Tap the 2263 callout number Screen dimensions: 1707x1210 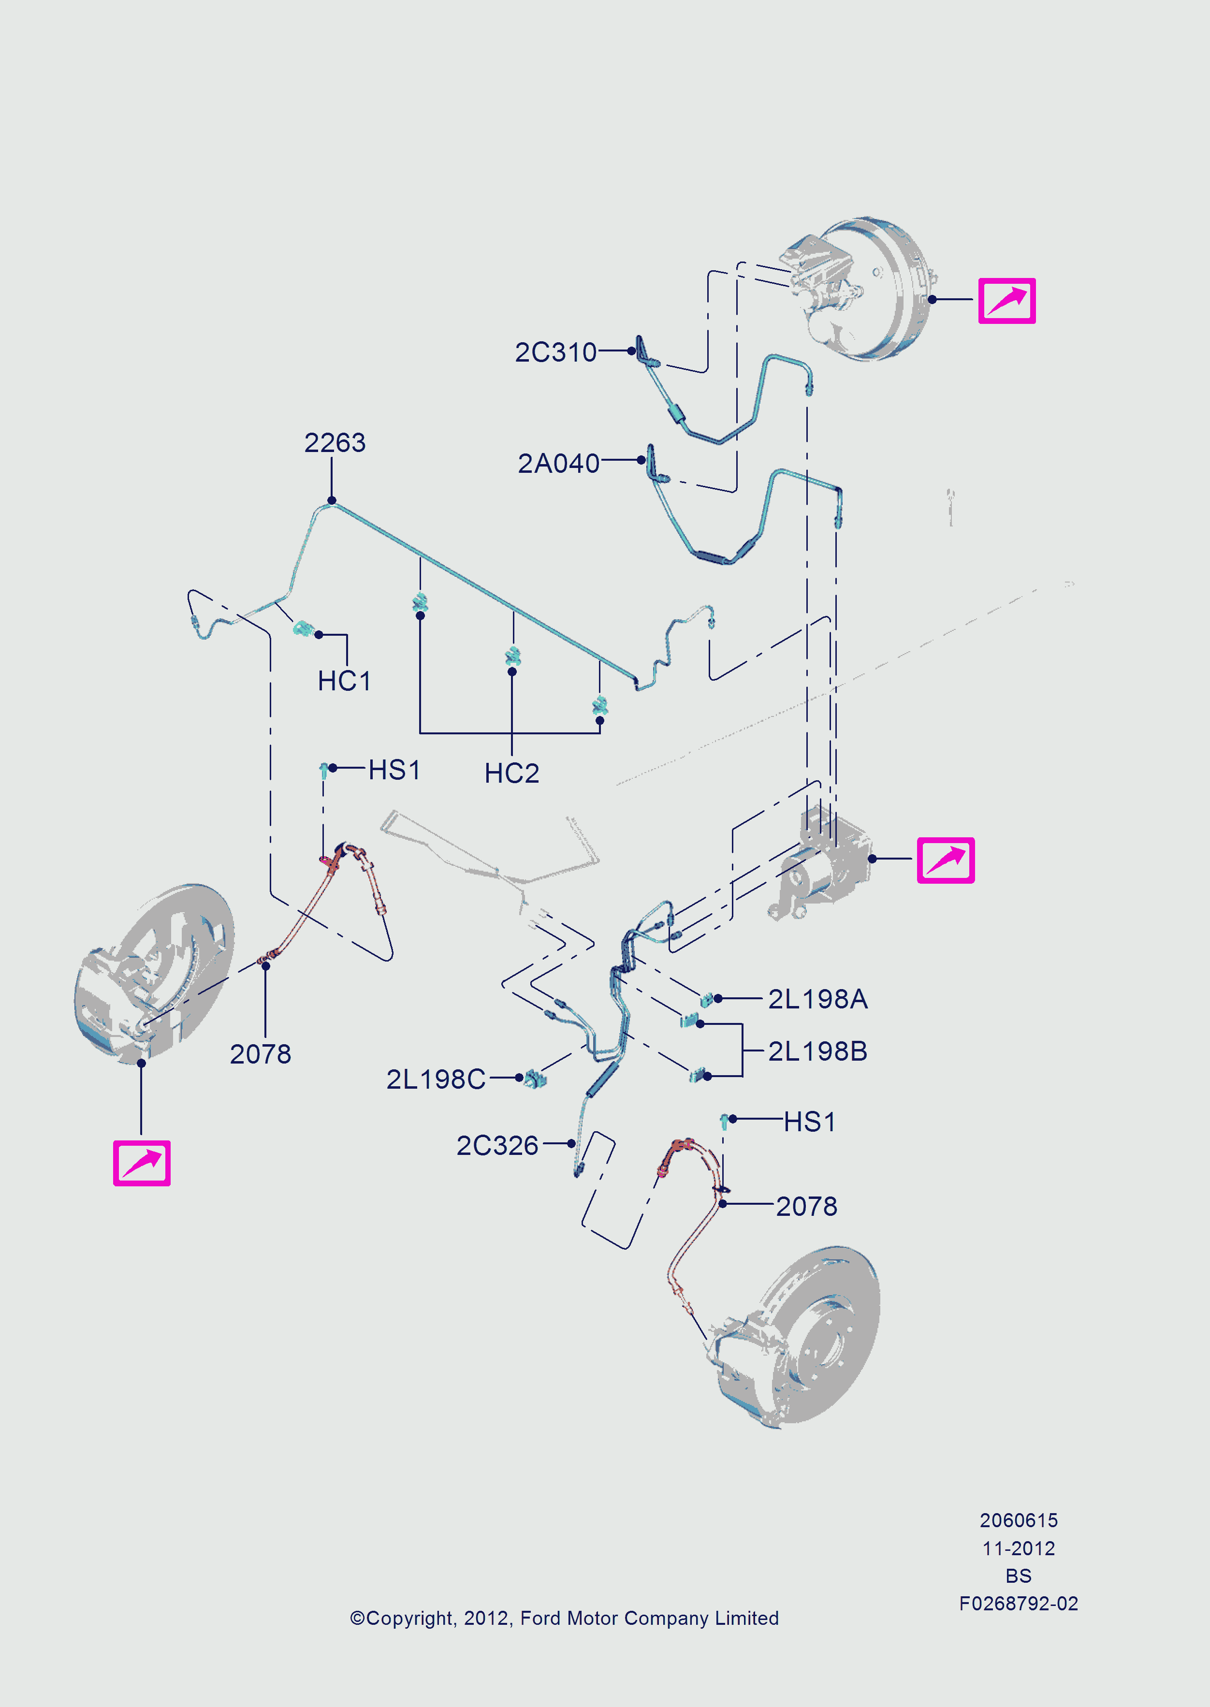[x=335, y=443]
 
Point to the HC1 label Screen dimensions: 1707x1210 [x=344, y=680]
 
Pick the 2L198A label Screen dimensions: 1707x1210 [x=817, y=998]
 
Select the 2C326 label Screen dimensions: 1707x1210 [x=497, y=1145]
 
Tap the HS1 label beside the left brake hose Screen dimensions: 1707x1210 [x=394, y=770]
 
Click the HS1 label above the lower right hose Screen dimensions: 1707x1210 [x=809, y=1122]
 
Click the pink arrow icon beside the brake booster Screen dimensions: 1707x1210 [x=1006, y=300]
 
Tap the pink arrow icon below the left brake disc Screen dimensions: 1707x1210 [x=142, y=1162]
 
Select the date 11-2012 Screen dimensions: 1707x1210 [x=1019, y=1548]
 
